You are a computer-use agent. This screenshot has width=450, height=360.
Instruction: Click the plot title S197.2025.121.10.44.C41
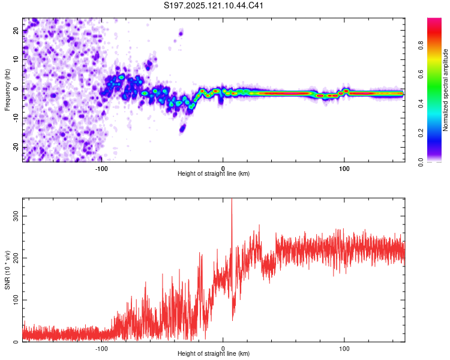point(213,5)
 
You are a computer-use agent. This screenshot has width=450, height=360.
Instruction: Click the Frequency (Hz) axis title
point(7,90)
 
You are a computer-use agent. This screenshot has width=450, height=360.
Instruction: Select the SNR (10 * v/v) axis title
point(7,270)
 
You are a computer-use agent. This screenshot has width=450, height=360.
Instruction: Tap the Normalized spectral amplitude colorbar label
point(445,90)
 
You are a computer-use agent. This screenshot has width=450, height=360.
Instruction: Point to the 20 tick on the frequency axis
point(16,30)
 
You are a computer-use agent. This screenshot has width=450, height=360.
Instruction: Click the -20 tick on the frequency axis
point(16,147)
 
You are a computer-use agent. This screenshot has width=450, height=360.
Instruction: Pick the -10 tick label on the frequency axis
point(16,118)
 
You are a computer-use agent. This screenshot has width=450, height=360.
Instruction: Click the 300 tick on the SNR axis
point(16,216)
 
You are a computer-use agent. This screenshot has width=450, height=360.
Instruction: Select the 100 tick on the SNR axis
point(16,300)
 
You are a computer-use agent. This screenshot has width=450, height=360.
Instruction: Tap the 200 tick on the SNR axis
point(16,258)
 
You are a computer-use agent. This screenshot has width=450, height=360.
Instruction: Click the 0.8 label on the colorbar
point(421,46)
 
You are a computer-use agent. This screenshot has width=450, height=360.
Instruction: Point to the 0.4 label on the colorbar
point(421,104)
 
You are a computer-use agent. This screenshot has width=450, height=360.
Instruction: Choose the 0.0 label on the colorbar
point(421,162)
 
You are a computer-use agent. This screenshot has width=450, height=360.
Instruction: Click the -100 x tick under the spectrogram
point(101,169)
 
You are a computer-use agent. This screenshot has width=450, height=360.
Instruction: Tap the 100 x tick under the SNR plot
point(344,349)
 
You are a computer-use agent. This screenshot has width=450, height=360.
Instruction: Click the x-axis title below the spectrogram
point(214,173)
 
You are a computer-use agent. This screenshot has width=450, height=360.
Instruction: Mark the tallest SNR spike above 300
point(232,201)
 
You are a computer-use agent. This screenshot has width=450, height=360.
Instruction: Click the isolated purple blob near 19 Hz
point(181,34)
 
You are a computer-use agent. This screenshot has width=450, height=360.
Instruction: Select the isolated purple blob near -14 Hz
point(182,128)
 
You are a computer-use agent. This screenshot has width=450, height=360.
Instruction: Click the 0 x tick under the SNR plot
point(223,349)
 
